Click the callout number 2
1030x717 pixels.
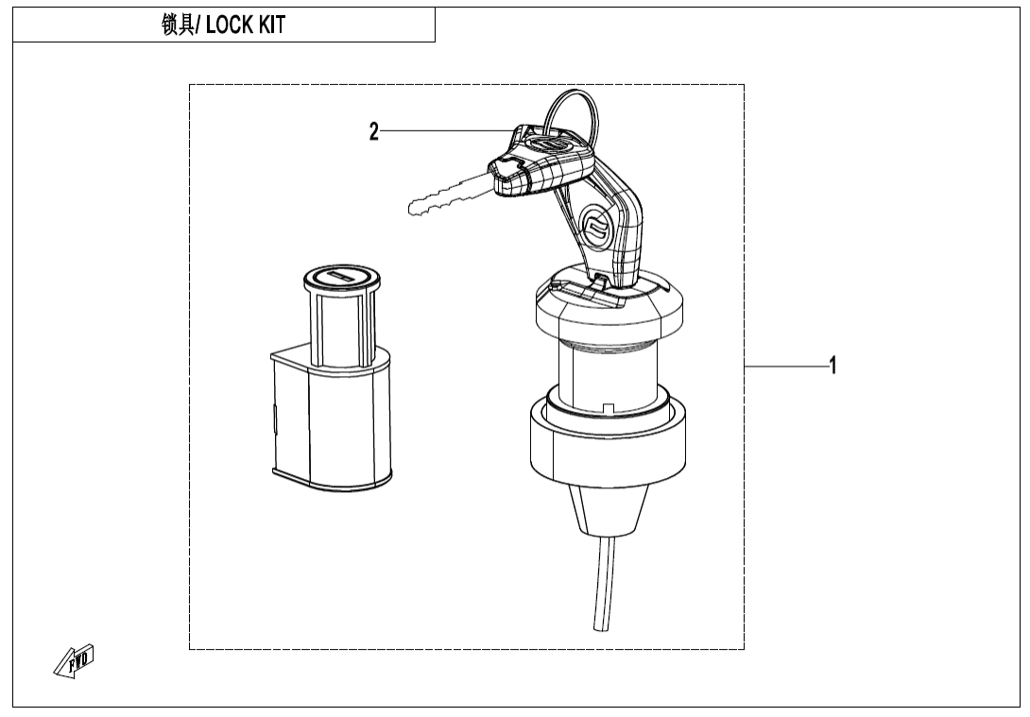tap(374, 132)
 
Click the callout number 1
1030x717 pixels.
tap(832, 366)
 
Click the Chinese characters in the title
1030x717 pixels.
tap(177, 26)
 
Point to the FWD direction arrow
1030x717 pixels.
tap(74, 664)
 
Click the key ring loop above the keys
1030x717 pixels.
tap(579, 112)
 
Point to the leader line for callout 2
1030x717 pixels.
tap(444, 130)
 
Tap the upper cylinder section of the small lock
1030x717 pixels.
tap(339, 321)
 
